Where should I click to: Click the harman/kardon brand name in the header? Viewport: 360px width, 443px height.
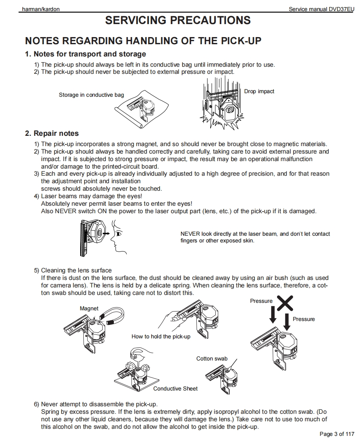[41, 9]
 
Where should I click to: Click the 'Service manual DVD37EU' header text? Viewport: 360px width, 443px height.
[321, 9]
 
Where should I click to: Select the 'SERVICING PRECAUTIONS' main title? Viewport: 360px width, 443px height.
[178, 21]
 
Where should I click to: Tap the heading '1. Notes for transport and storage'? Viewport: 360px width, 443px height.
[85, 54]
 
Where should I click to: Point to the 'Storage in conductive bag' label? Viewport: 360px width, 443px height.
[91, 95]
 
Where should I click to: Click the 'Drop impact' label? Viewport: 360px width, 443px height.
[259, 91]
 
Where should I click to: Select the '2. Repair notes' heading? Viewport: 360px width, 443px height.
[52, 133]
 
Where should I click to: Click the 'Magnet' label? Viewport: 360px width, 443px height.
[89, 308]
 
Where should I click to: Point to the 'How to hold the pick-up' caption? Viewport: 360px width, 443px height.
[161, 336]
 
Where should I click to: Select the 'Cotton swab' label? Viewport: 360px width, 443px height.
[212, 359]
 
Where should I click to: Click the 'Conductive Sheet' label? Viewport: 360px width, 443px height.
[175, 389]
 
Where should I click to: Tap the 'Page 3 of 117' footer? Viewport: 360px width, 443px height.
[337, 434]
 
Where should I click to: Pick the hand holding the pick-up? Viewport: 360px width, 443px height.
[169, 318]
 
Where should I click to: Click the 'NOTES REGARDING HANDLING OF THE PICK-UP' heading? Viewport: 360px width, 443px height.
[143, 41]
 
